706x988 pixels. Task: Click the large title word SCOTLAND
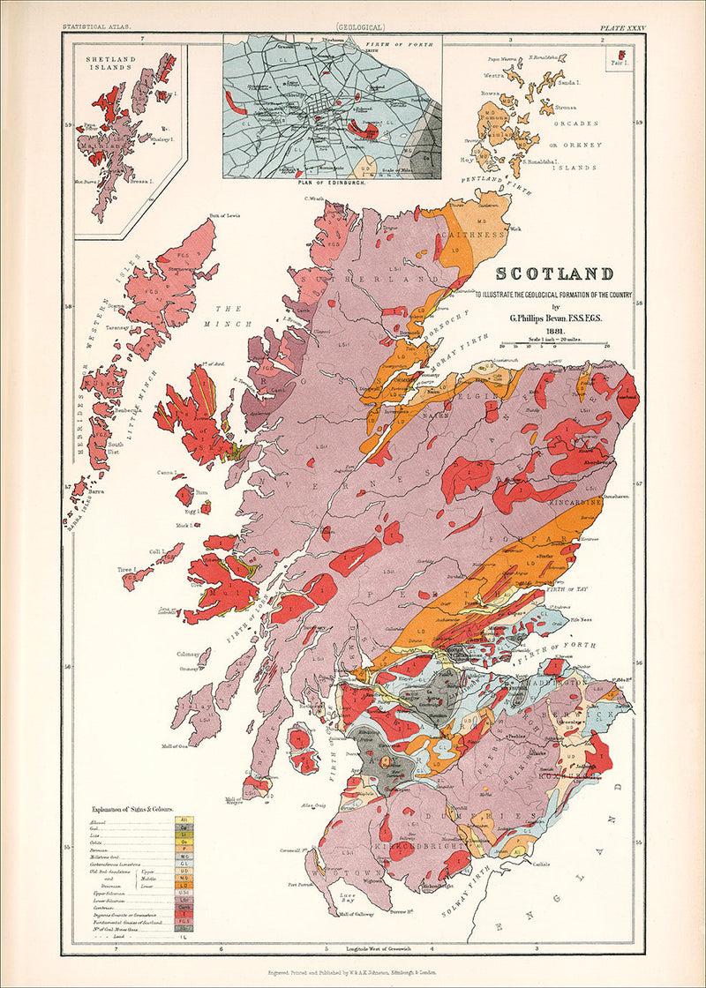[x=556, y=274]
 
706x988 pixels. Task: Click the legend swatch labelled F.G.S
[x=184, y=918]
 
